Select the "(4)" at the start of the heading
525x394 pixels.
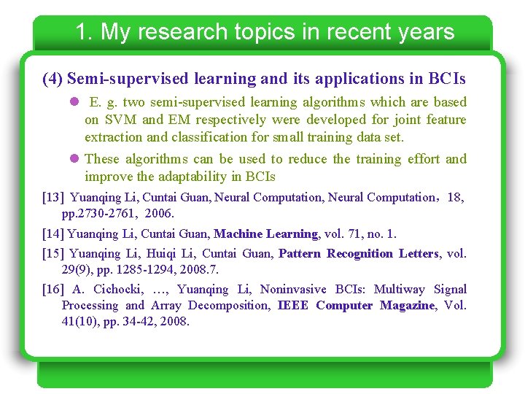52,78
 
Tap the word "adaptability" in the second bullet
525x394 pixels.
190,177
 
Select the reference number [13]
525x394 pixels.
54,197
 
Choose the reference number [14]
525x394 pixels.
54,234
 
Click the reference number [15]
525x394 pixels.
54,254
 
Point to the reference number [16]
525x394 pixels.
54,290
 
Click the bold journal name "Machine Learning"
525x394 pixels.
265,234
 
